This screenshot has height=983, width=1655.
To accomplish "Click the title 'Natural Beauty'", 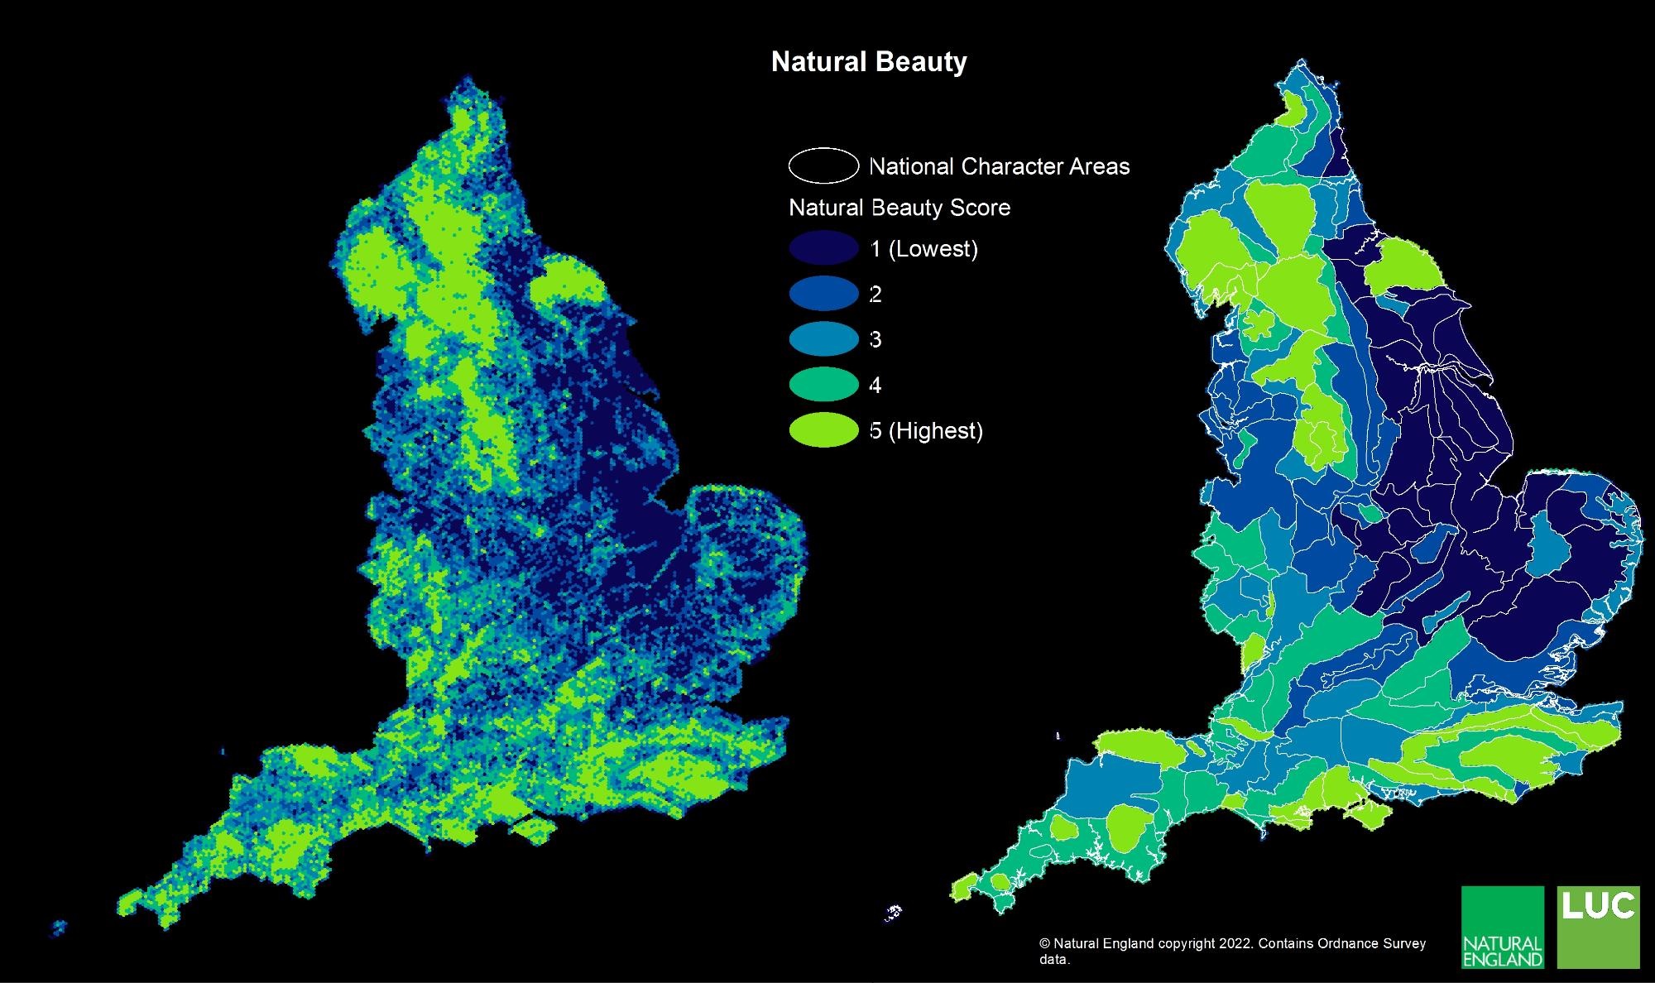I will (x=869, y=62).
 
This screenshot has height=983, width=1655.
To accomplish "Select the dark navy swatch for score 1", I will (x=823, y=248).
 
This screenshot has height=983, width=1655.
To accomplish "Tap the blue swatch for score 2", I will (x=823, y=294).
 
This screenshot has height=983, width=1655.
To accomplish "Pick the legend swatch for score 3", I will (x=823, y=339).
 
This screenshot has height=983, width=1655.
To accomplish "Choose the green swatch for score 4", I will (x=823, y=385).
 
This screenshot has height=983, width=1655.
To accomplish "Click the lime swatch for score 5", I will (x=823, y=430).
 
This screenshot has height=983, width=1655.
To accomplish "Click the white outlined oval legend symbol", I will (x=823, y=165).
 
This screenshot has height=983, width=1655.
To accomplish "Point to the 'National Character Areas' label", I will (x=999, y=166).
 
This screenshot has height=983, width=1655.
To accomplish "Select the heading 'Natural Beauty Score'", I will (x=899, y=208).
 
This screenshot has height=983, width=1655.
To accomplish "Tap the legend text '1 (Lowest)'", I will (x=924, y=249).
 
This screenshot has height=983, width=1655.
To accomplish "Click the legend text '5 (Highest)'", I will (x=927, y=431).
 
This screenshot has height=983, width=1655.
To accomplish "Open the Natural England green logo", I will (x=1503, y=927).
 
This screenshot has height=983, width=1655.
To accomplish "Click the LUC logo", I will (x=1598, y=927).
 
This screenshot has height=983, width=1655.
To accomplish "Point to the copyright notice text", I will (x=1232, y=951).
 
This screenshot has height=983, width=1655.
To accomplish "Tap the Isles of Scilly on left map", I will (x=58, y=927).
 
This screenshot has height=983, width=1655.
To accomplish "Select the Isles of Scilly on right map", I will (x=893, y=913).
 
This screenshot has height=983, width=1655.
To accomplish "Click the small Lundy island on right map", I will (x=1058, y=735).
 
